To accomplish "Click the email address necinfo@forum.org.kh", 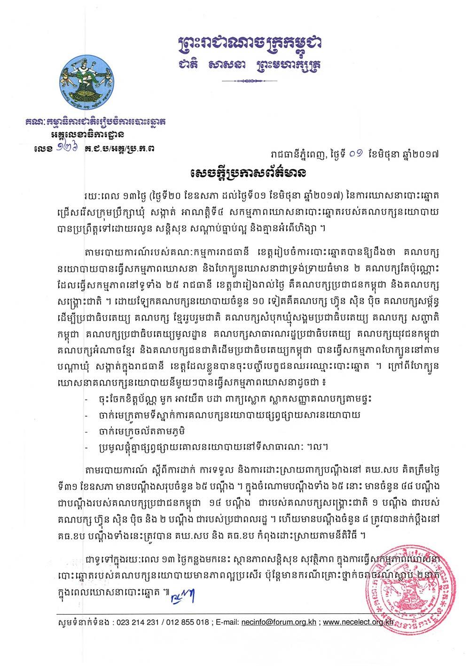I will pyautogui.click(x=280, y=622).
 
